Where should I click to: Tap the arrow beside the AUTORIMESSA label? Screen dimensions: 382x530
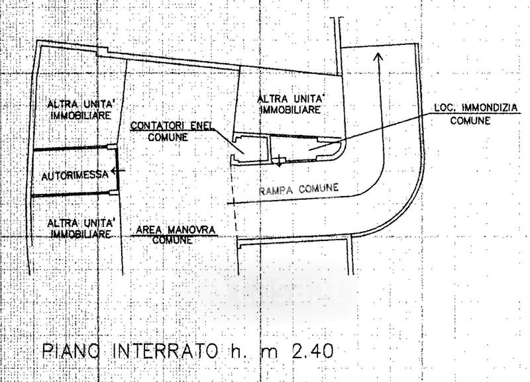coord(117,171)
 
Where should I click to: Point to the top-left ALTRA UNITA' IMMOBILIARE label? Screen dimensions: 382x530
coord(76,111)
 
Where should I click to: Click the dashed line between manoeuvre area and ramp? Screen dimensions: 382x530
coord(234,199)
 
